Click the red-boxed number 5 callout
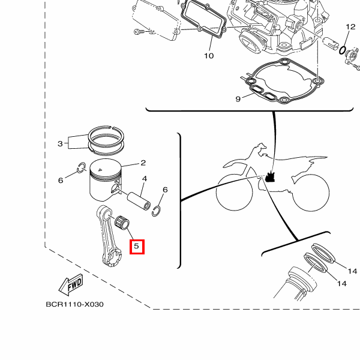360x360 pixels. (x=137, y=247)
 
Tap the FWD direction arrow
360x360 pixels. (x=71, y=284)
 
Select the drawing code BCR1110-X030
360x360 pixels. (x=74, y=304)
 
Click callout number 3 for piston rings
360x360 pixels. (x=60, y=144)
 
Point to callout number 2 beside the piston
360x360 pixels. (x=143, y=163)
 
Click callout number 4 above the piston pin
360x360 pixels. (x=145, y=178)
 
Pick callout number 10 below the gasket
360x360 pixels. (x=209, y=56)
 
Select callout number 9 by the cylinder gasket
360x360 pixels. (x=238, y=99)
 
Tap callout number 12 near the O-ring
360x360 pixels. (x=350, y=27)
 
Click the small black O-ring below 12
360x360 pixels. (x=343, y=50)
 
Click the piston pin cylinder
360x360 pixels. (x=139, y=202)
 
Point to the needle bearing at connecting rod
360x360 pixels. (x=122, y=223)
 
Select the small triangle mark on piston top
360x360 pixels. (x=100, y=170)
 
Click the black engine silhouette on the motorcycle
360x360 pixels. (x=270, y=177)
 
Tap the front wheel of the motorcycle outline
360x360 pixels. (x=235, y=192)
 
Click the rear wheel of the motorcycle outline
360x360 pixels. (x=310, y=193)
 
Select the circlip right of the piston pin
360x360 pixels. (x=156, y=211)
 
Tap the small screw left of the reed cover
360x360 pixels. (x=139, y=31)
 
